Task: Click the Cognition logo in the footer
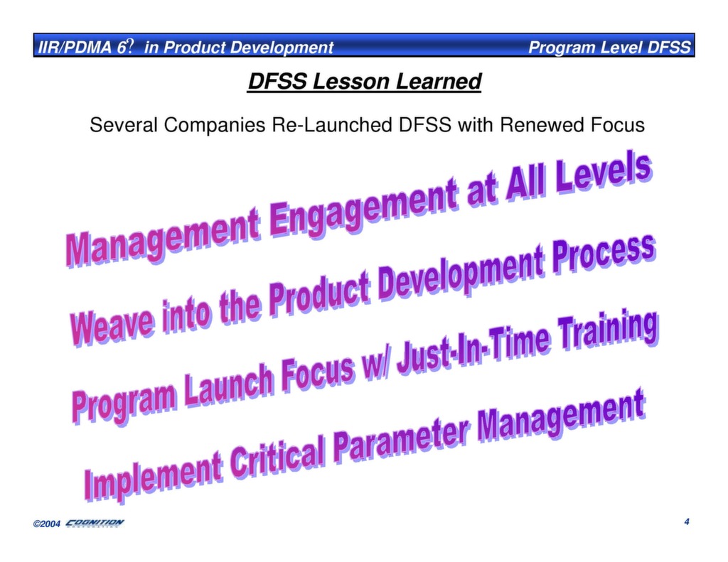coord(95,523)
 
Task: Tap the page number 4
coord(687,522)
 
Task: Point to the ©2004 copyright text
coord(46,524)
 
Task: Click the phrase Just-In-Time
coord(473,349)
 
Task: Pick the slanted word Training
coord(608,330)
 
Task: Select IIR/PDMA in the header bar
coord(75,48)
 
